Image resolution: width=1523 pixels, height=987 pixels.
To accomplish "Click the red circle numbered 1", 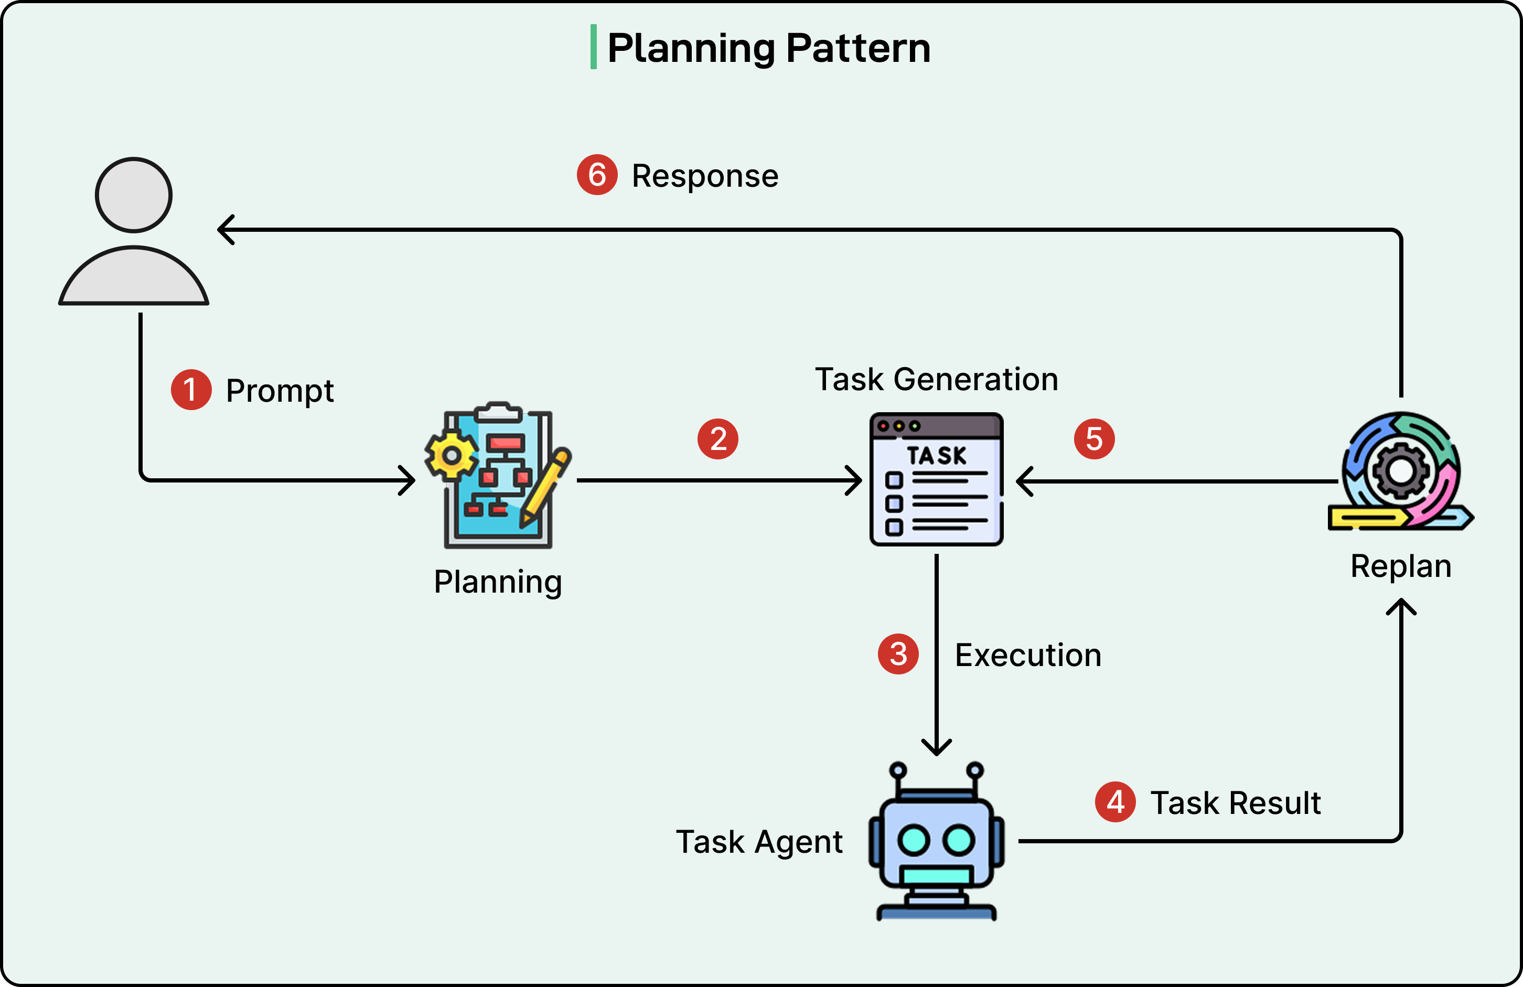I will (x=191, y=389).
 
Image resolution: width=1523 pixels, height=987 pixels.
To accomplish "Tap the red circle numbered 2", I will (x=717, y=439).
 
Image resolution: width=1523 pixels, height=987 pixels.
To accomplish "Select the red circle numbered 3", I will (x=898, y=653).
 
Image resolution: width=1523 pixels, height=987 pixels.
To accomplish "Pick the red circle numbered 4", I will (x=1115, y=801).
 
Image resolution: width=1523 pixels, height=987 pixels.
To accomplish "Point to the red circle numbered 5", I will (x=1093, y=439).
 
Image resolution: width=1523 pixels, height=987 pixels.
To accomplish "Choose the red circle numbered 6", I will (x=596, y=174).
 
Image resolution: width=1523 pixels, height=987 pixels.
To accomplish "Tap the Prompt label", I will (x=280, y=391).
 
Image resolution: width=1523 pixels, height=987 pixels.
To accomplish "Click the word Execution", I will (x=1028, y=655).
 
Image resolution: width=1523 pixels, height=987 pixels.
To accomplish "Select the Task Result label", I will (x=1235, y=802).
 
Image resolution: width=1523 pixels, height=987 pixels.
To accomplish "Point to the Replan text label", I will (x=1400, y=566).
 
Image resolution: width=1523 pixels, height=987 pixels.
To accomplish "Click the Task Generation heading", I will (x=936, y=379).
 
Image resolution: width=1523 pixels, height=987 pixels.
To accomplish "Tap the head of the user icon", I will (x=133, y=195).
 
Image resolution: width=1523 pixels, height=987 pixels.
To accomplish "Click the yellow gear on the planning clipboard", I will (x=451, y=456).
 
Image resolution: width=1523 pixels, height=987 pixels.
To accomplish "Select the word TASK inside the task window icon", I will (x=936, y=455).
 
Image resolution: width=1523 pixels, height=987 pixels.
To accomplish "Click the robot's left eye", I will (x=913, y=840).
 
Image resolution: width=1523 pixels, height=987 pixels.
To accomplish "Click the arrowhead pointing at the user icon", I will (x=225, y=229).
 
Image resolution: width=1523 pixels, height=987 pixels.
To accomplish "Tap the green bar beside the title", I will (x=593, y=47).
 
